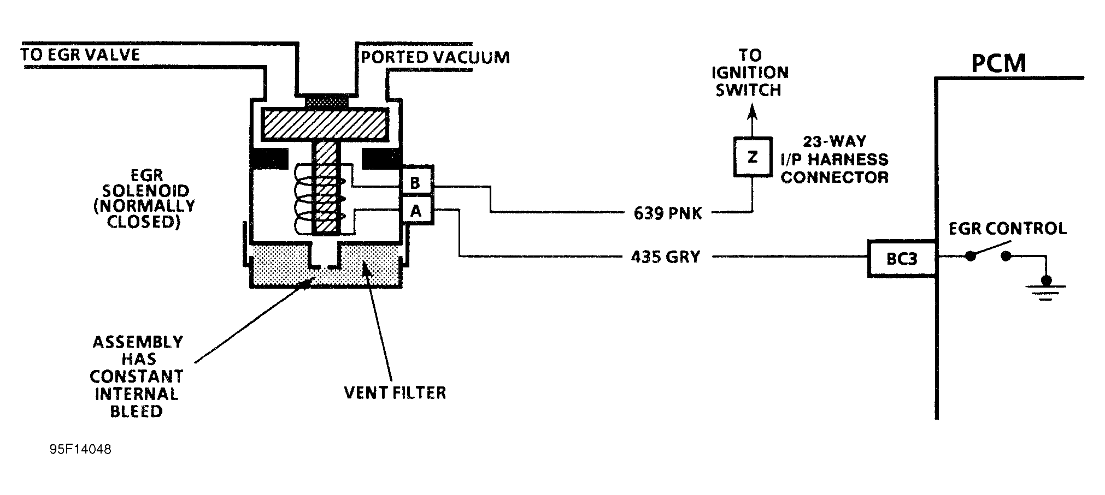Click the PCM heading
(998, 64)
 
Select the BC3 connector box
(901, 258)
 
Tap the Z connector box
(752, 157)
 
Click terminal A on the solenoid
(416, 210)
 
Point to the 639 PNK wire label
(667, 213)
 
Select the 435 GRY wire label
(665, 257)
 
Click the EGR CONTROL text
(1007, 228)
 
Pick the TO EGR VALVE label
(80, 55)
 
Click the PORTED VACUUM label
(435, 57)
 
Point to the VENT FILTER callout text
(395, 392)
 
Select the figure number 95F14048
(80, 450)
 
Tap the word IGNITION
(751, 73)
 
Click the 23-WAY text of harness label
(834, 141)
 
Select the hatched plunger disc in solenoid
(325, 123)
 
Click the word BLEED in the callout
(136, 411)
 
